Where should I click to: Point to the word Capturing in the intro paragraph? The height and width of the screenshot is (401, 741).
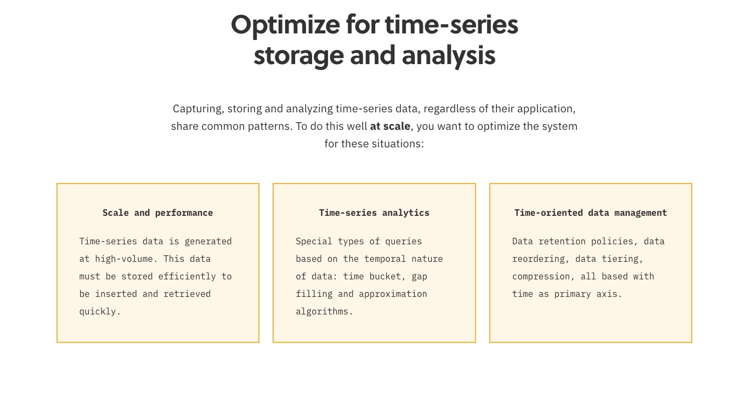coord(199,109)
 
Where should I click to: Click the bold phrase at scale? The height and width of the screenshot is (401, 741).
coord(390,126)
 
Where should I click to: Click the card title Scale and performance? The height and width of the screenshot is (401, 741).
coord(158,213)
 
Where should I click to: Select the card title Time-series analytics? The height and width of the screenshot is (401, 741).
coord(374,213)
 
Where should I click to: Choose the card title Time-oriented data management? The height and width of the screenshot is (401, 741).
coord(591,213)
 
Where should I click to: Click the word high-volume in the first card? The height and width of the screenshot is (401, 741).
coord(125,259)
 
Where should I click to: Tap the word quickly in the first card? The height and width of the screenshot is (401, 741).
coord(100,312)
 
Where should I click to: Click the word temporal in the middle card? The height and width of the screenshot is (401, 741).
coord(385,259)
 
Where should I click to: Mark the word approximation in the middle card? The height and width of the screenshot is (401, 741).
coord(393,294)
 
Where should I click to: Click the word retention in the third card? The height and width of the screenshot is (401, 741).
coord(562,242)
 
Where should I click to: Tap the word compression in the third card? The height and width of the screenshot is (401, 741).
coord(541,277)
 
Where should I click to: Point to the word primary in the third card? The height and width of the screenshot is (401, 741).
coord(573,294)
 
